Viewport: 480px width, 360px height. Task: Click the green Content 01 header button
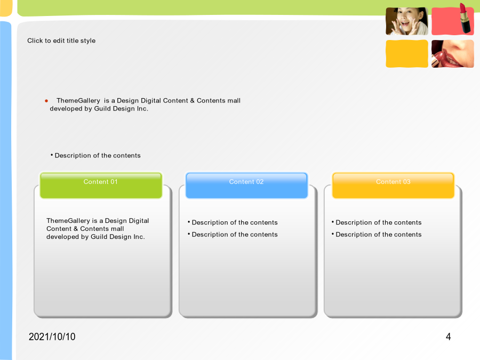tap(101, 186)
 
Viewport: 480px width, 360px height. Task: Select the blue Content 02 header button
tap(246, 186)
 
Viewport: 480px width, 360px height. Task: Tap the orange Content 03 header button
tap(393, 186)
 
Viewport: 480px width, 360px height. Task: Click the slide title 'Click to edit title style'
tap(61, 41)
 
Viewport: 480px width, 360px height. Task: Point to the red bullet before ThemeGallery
tap(46, 101)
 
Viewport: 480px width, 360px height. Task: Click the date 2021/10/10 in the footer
tap(52, 337)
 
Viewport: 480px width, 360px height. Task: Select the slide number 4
tap(448, 337)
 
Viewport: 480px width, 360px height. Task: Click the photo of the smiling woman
tap(407, 21)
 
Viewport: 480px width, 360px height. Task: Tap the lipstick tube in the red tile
tap(465, 18)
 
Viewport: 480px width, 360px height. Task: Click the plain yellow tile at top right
tap(407, 53)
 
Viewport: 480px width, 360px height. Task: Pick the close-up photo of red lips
tap(452, 53)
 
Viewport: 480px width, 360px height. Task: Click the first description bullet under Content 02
tap(233, 222)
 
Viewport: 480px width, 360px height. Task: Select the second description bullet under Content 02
tap(233, 235)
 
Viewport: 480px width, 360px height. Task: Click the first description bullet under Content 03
tap(377, 222)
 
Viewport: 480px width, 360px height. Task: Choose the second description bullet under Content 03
tap(377, 235)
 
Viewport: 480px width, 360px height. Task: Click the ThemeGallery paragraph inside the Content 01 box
tap(98, 229)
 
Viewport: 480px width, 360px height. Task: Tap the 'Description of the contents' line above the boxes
tap(95, 156)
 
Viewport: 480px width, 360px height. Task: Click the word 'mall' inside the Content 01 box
tap(117, 229)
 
